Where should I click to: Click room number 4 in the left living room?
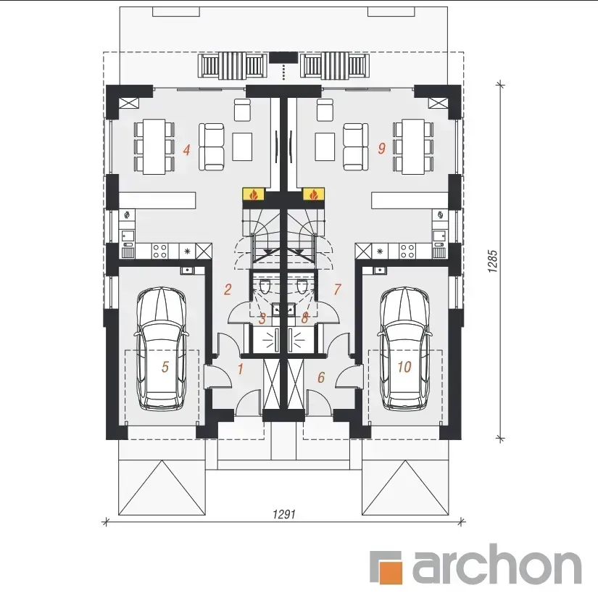coord(186,149)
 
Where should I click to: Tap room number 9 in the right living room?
coord(381,149)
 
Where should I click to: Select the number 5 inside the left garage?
coord(165,367)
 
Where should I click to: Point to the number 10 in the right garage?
coord(404,367)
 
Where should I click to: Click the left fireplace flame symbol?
coord(254,195)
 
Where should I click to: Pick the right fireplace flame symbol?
coord(314,195)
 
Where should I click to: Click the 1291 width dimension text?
coord(284,514)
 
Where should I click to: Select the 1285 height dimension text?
coord(493,262)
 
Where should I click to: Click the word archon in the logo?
coord(497,563)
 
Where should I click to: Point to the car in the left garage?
coord(162,349)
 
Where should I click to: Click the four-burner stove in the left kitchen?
coord(160,251)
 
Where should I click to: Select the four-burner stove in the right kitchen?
coord(407,251)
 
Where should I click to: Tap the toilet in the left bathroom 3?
coord(265,286)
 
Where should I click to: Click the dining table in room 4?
coord(154,146)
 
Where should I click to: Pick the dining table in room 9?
coord(413,146)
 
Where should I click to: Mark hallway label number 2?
coord(228,289)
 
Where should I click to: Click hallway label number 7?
coord(337,289)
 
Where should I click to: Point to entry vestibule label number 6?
coord(321,377)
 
